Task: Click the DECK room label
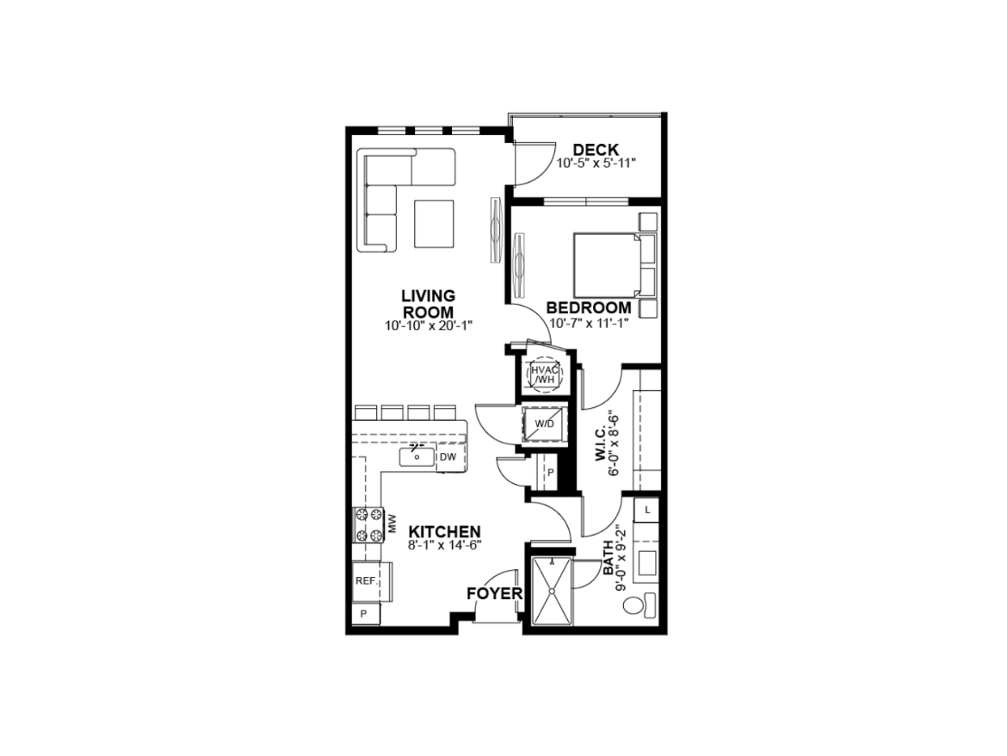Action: point(596,151)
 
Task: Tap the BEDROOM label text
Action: point(589,307)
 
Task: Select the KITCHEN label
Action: point(445,532)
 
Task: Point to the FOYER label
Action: point(495,593)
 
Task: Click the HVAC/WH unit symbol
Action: point(544,374)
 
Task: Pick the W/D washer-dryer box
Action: point(545,424)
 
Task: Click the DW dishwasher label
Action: point(448,457)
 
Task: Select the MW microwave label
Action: point(392,524)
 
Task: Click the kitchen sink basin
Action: point(417,456)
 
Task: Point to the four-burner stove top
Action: point(368,525)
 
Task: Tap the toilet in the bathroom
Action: point(639,605)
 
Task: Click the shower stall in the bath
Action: point(552,591)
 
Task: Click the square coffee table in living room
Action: point(434,224)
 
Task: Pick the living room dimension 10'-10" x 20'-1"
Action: point(429,325)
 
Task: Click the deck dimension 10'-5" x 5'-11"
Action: point(596,163)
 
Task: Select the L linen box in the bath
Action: point(647,510)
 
